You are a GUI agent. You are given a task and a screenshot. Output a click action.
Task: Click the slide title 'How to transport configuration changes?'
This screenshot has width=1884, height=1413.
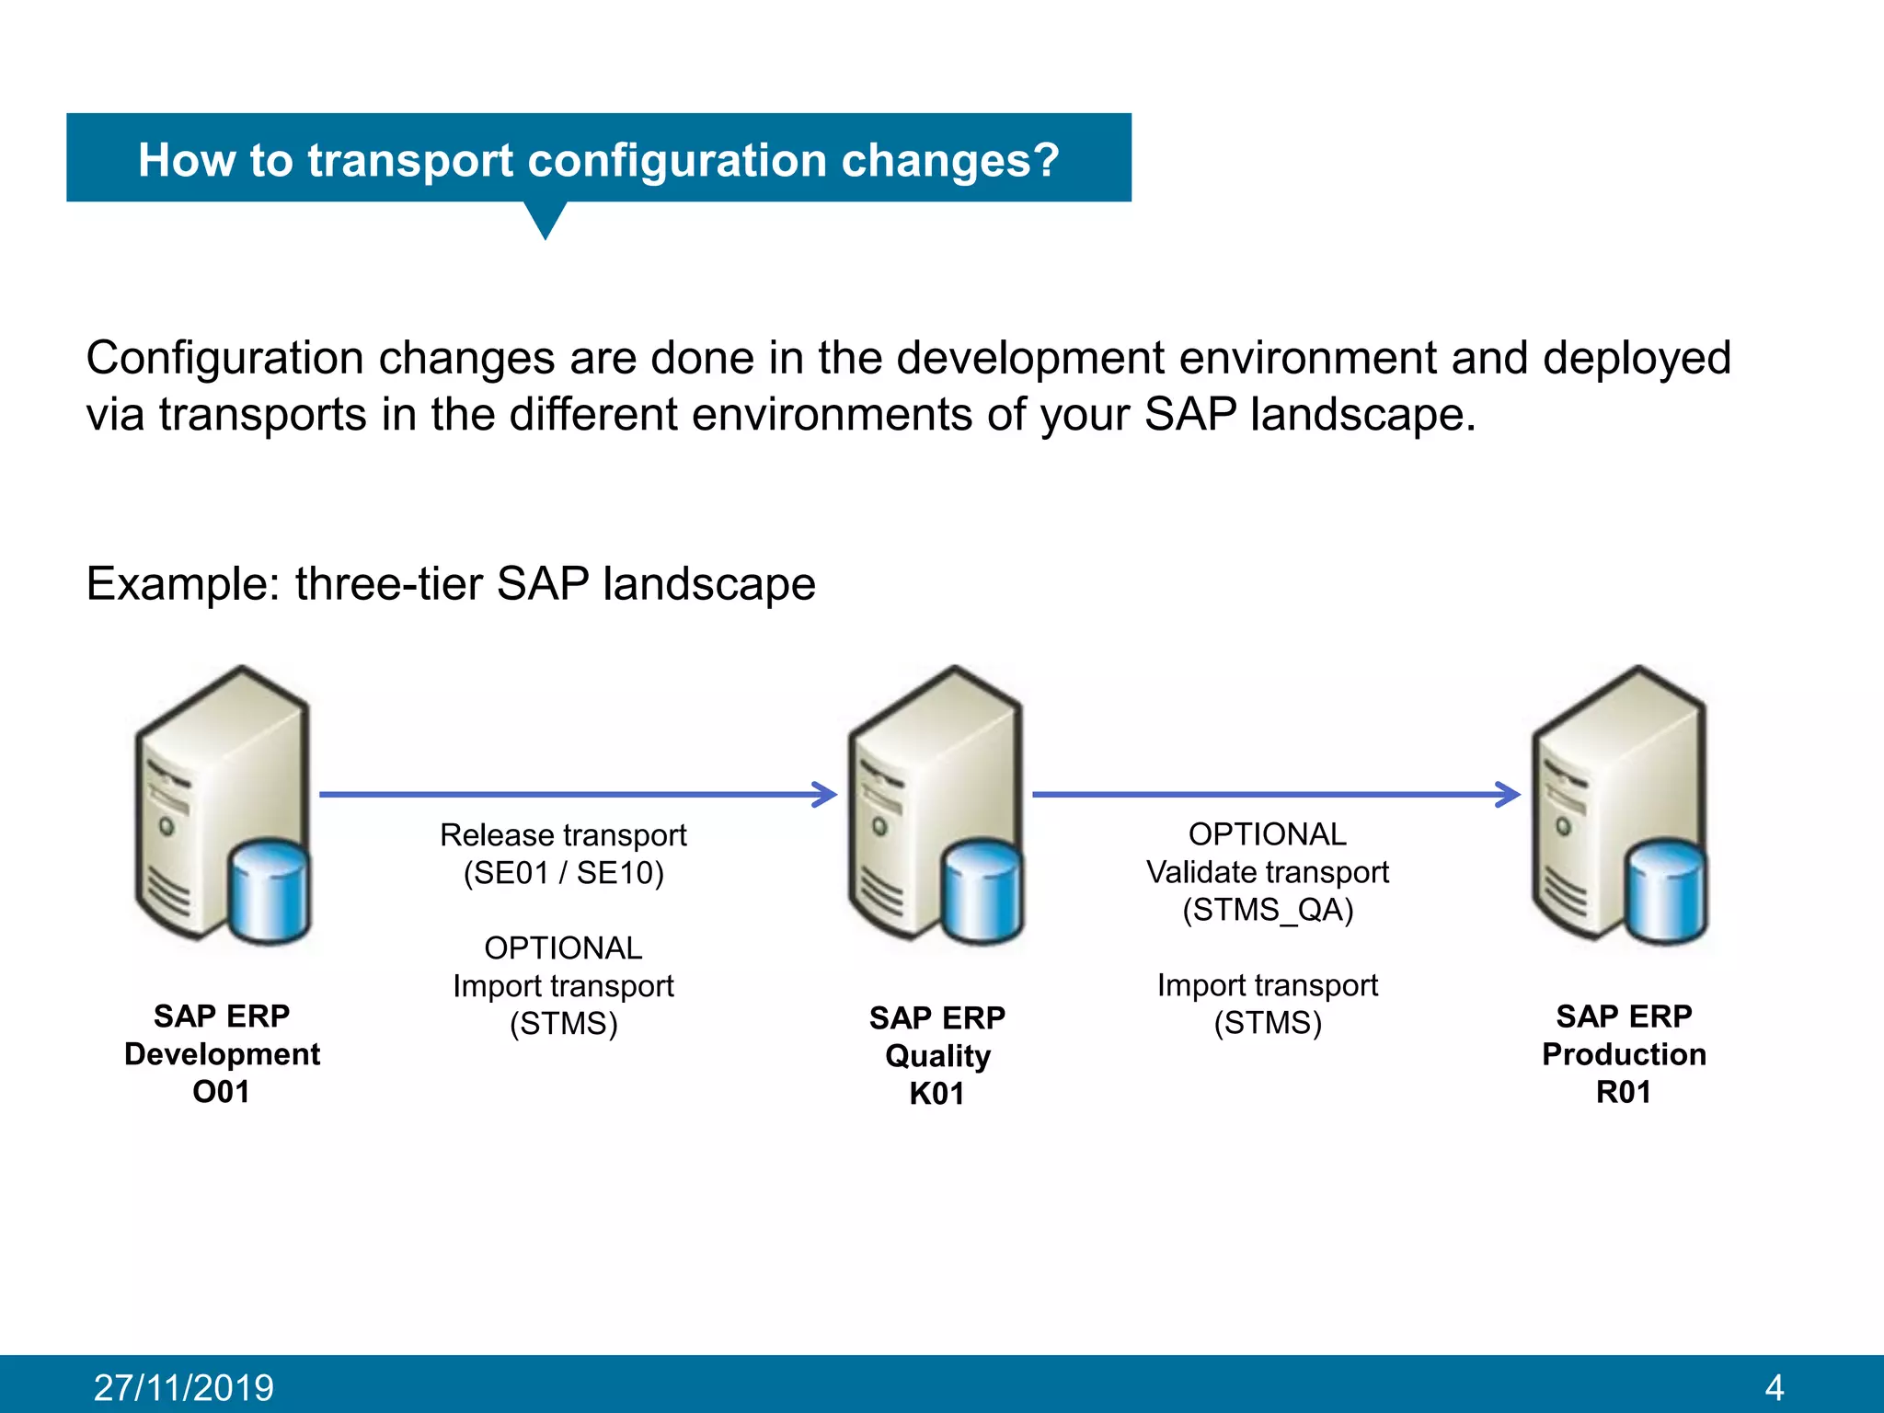[598, 160]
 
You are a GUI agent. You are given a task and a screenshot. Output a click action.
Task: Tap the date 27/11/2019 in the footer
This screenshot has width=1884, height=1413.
[184, 1387]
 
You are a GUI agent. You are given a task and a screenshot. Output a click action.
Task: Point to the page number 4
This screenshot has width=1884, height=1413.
[1775, 1387]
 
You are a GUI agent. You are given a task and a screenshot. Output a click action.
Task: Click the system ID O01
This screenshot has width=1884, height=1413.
[221, 1092]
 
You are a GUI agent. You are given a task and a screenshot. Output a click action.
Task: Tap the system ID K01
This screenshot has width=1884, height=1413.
[936, 1094]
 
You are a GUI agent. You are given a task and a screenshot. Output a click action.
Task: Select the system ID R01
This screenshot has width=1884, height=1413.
[1624, 1092]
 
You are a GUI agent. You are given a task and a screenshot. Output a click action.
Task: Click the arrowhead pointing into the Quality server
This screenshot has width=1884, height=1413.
[825, 794]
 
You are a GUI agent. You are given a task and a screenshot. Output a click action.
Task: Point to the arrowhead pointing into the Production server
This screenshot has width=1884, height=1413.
[1508, 794]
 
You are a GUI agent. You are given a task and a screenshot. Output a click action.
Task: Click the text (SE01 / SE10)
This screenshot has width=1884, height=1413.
[563, 873]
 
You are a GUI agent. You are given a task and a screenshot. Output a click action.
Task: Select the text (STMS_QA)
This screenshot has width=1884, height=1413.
[1268, 910]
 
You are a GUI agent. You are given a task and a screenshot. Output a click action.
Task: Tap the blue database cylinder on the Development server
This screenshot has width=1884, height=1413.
[268, 891]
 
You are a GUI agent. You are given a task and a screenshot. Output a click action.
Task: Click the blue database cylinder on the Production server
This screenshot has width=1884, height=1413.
[1665, 891]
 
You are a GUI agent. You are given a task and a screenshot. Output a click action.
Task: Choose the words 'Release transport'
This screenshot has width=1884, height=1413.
[563, 835]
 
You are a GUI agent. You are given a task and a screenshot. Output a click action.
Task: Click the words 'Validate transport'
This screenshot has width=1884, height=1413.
[1268, 872]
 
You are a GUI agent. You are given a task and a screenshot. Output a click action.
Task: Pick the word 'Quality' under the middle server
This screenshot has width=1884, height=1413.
[937, 1056]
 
